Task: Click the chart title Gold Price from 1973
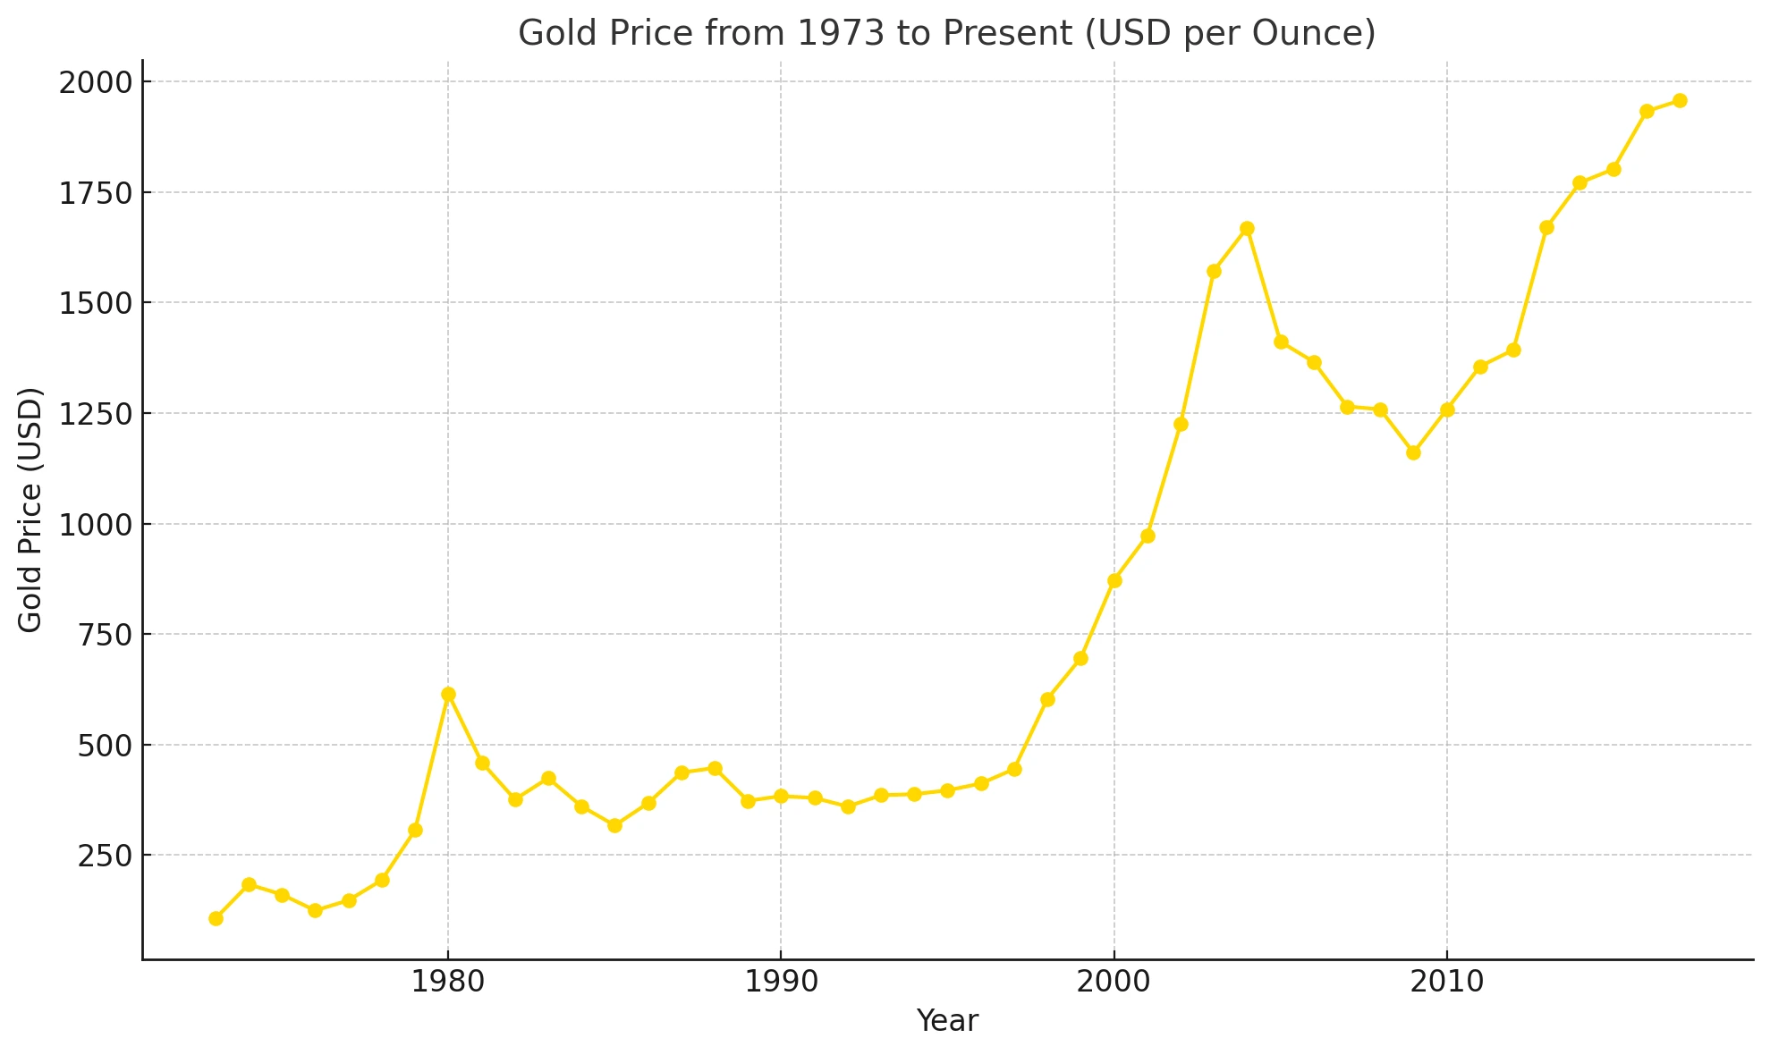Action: [946, 33]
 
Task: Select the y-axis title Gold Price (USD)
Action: [30, 510]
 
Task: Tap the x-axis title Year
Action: [947, 1020]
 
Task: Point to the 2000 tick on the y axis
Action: [94, 82]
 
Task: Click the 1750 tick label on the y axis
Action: [94, 193]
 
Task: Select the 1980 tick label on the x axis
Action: [448, 982]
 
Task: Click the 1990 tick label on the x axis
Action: [781, 982]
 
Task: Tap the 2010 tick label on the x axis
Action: [1447, 982]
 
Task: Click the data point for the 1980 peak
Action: [448, 694]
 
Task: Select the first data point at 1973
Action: [216, 918]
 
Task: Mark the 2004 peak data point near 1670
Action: [1247, 229]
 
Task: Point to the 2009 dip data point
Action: [1413, 452]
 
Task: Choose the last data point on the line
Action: [1680, 100]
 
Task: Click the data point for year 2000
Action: [1114, 580]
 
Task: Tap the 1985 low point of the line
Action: [614, 825]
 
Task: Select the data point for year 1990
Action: [781, 796]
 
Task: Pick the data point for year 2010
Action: [1447, 409]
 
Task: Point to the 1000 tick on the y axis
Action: [94, 525]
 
